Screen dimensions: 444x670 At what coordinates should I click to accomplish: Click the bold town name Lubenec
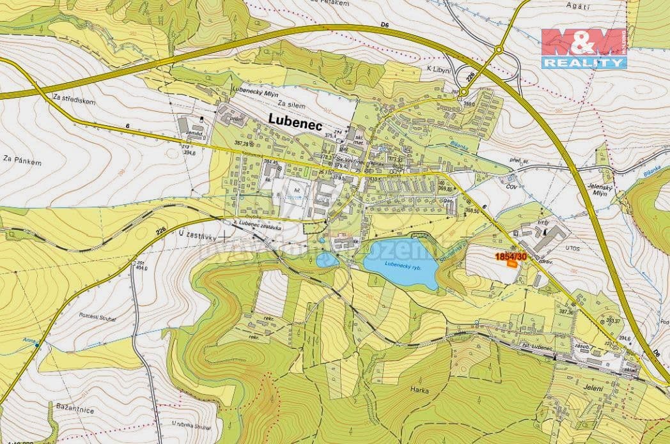(296, 119)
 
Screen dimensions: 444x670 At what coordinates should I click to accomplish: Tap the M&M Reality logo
(584, 49)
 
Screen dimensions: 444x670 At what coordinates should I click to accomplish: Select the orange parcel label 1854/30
(511, 256)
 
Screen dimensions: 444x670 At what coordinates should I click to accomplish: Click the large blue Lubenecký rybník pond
(400, 263)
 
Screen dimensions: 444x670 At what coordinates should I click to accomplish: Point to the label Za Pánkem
(22, 162)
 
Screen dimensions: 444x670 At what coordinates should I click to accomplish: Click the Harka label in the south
(420, 390)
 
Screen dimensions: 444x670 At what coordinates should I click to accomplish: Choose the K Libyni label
(439, 69)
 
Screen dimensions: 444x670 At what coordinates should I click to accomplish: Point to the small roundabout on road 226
(499, 49)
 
